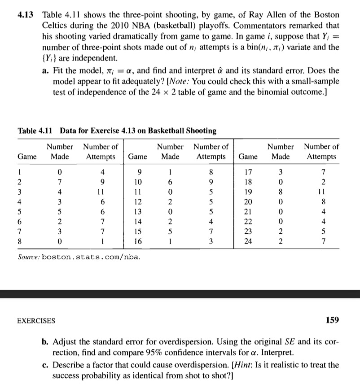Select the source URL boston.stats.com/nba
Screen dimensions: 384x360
(91, 257)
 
